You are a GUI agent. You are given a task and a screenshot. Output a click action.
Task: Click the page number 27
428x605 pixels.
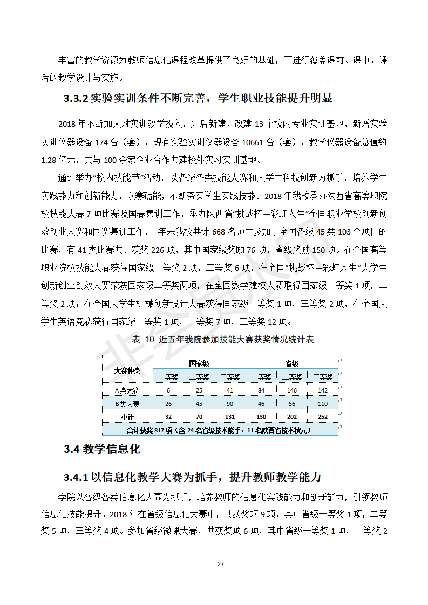pyautogui.click(x=220, y=564)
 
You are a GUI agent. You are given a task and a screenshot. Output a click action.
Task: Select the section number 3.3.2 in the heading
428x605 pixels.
pyautogui.click(x=75, y=98)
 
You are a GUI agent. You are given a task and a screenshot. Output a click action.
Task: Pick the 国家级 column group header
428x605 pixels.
pyautogui.click(x=199, y=363)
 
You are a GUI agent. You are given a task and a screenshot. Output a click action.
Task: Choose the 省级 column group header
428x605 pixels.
pyautogui.click(x=291, y=363)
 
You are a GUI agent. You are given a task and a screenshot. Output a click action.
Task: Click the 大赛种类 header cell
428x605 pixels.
pyautogui.click(x=127, y=370)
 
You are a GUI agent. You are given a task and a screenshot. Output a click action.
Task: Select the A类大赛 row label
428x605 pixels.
pyautogui.click(x=127, y=390)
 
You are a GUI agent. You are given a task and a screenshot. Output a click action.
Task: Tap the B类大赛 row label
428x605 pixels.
pyautogui.click(x=127, y=403)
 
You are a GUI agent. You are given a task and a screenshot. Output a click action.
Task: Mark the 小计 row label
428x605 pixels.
pyautogui.click(x=127, y=416)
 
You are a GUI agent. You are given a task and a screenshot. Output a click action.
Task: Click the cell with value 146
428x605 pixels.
pyautogui.click(x=291, y=390)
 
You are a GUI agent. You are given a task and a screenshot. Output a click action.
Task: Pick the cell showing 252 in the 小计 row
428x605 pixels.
pyautogui.click(x=323, y=416)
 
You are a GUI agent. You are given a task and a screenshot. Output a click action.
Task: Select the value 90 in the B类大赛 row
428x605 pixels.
pyautogui.click(x=230, y=403)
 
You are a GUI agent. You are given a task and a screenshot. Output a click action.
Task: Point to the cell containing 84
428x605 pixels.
pyautogui.click(x=261, y=390)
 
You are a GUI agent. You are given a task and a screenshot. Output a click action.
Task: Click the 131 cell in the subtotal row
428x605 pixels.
pyautogui.click(x=230, y=416)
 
